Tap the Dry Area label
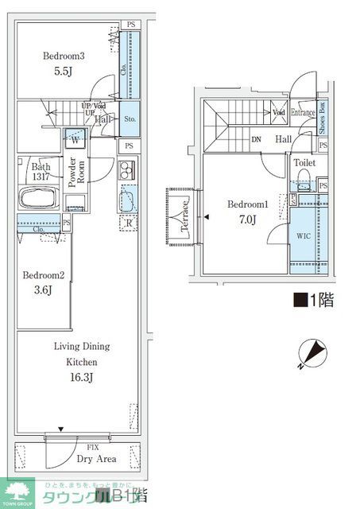click(x=97, y=459)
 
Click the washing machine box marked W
click(x=74, y=138)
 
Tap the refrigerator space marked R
click(x=130, y=223)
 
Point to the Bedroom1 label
click(x=248, y=204)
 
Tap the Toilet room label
click(x=304, y=162)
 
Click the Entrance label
click(x=303, y=112)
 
